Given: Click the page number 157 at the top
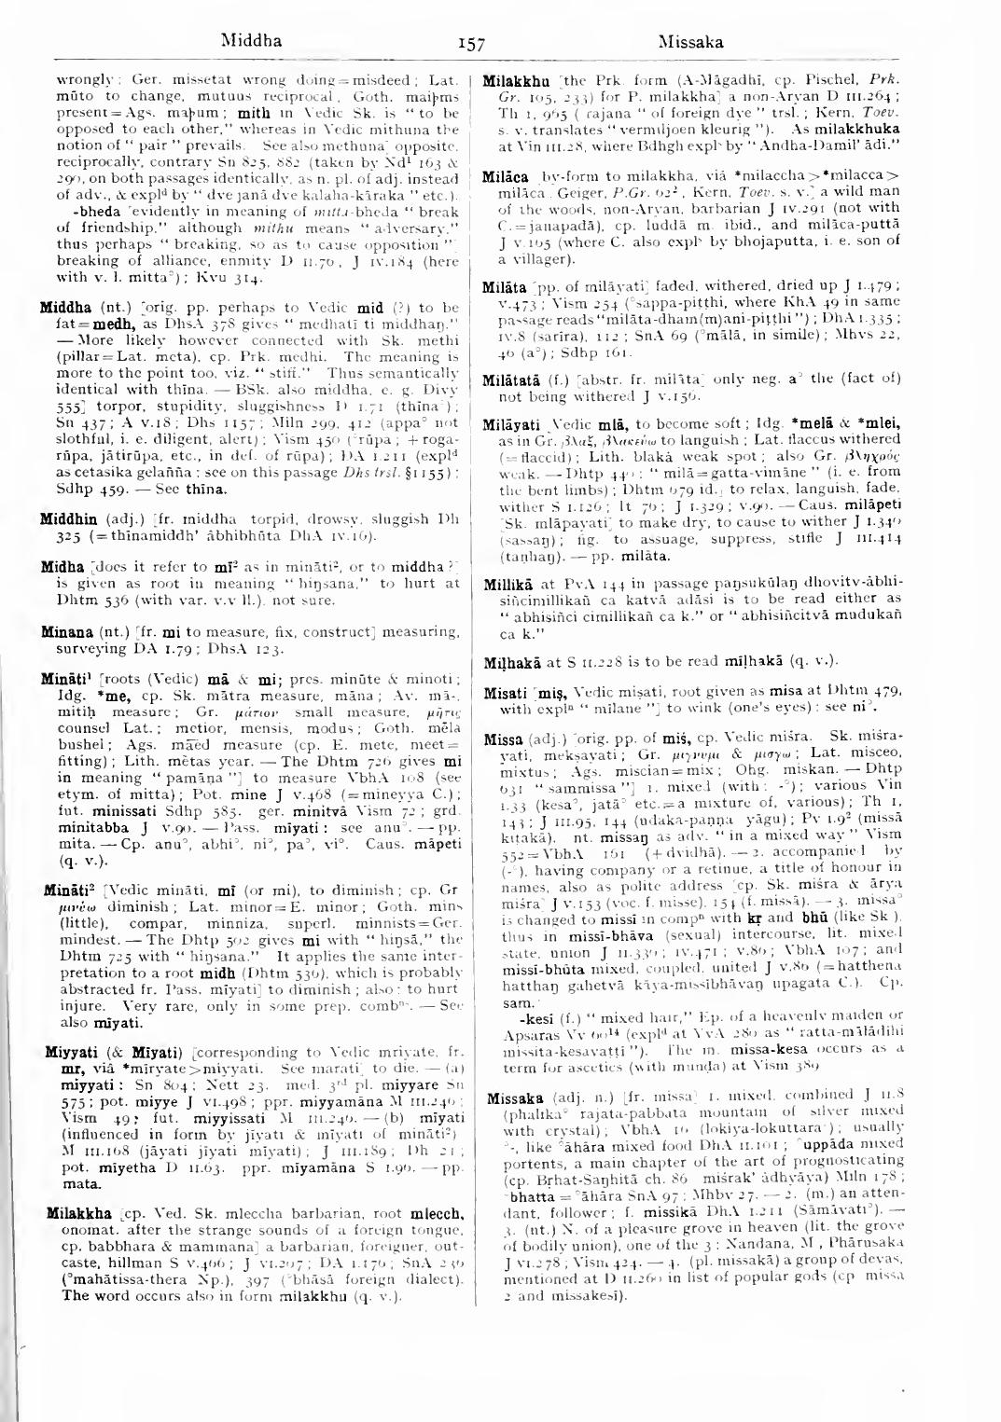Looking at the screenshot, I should (x=472, y=43).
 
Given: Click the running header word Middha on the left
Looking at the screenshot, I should (x=251, y=41).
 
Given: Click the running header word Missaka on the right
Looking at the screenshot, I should (x=689, y=41).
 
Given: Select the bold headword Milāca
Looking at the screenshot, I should (x=506, y=176).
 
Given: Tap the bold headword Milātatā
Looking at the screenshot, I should (x=513, y=380).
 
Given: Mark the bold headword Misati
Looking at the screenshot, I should (x=505, y=693).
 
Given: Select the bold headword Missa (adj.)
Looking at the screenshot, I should (x=504, y=739).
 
